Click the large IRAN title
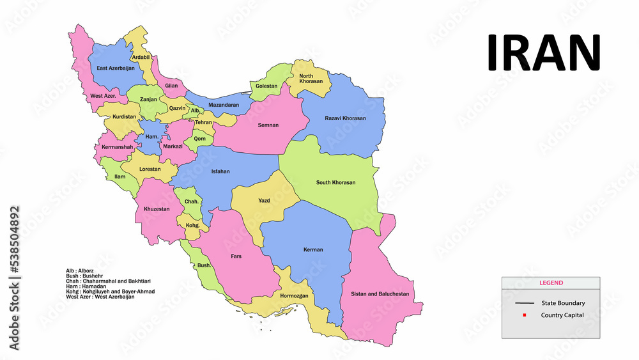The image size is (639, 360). [544, 52]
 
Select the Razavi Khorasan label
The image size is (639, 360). [345, 118]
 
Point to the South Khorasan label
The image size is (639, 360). [335, 182]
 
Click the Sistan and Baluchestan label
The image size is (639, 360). [380, 294]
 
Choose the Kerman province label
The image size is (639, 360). [313, 249]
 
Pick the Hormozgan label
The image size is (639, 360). [294, 296]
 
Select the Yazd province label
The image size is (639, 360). [264, 201]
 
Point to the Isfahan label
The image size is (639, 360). [220, 171]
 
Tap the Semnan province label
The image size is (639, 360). [268, 125]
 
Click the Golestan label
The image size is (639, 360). [266, 86]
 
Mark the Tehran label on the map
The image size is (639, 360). [203, 122]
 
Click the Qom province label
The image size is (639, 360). [200, 138]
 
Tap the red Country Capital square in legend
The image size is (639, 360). [524, 315]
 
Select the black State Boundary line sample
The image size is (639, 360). [525, 303]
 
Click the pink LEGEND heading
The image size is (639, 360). [550, 283]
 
